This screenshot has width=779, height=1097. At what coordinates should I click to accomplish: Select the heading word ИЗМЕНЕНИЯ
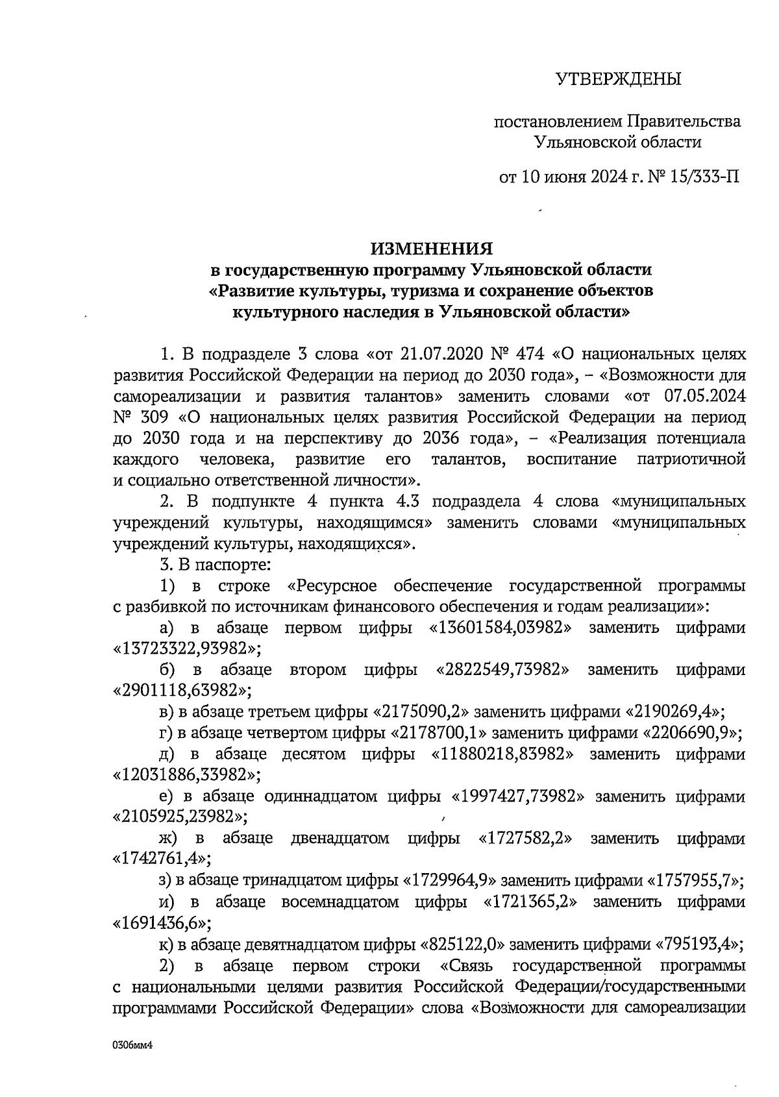432,249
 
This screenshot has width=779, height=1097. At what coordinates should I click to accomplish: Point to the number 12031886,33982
184,774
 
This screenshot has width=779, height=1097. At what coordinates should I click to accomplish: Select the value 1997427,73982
512,796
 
